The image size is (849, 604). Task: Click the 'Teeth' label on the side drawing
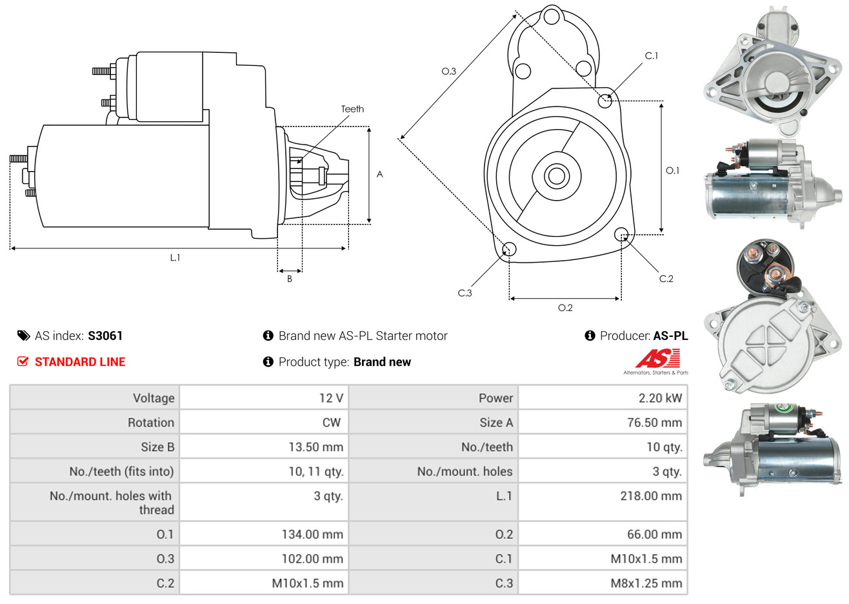click(x=352, y=109)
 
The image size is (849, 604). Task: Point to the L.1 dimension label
click(x=175, y=257)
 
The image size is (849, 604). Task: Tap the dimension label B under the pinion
click(x=290, y=279)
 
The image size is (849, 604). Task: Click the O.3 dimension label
click(x=448, y=71)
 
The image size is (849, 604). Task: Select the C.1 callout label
click(x=652, y=56)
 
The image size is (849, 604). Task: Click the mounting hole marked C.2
click(x=621, y=234)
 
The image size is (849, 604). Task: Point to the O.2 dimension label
click(x=565, y=308)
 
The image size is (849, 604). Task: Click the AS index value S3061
click(x=105, y=336)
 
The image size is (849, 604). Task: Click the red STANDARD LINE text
click(x=80, y=362)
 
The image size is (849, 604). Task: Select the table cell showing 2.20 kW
click(x=660, y=398)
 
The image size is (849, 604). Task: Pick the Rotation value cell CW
click(x=331, y=423)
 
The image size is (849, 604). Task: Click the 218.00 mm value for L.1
click(x=651, y=496)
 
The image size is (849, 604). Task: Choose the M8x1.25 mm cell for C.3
click(x=646, y=583)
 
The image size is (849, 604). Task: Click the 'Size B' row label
click(x=157, y=447)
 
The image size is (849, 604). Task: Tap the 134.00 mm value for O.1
click(x=312, y=534)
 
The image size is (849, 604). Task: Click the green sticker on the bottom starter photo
click(x=784, y=408)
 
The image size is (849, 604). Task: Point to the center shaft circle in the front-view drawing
click(x=555, y=176)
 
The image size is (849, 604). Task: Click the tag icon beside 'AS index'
click(x=23, y=336)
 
